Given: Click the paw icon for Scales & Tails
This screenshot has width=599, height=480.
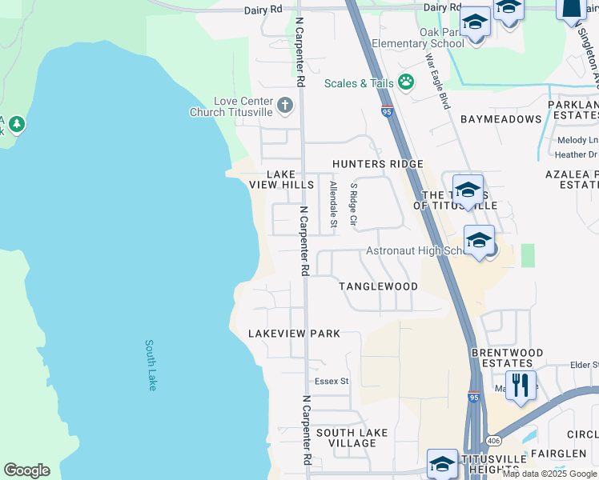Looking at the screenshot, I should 406,82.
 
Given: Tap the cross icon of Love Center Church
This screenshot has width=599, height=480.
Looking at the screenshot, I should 285,105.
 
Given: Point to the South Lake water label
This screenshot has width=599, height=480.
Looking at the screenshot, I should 151,365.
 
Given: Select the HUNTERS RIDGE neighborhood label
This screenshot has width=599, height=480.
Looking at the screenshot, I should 378,164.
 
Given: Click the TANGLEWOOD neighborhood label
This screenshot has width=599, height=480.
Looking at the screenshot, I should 378,286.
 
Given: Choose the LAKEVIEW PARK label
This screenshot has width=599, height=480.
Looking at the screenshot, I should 294,334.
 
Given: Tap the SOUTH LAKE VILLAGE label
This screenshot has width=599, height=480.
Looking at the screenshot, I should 352,438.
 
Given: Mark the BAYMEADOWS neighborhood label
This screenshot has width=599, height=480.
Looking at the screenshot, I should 501,119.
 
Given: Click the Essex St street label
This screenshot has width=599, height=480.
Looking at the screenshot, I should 332,382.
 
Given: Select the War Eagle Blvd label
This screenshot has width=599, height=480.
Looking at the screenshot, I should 438,82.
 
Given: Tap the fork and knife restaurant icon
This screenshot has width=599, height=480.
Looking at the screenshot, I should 521,385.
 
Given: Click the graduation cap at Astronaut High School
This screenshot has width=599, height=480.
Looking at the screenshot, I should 479,239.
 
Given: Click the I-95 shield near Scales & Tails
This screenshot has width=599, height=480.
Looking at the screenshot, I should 387,112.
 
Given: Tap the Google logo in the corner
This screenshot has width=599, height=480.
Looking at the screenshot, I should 26,470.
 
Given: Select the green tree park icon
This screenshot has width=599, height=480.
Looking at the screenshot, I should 16,124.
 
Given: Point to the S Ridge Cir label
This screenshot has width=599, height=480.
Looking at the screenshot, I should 352,204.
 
